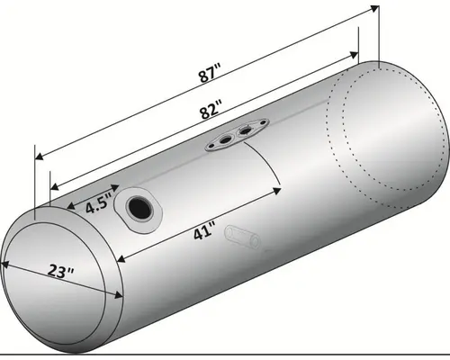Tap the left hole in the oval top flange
[x=222, y=140]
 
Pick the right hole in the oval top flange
[x=244, y=132]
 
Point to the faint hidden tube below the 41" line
[x=240, y=237]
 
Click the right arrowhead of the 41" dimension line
[x=280, y=189]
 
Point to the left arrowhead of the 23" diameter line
[x=4, y=264]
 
